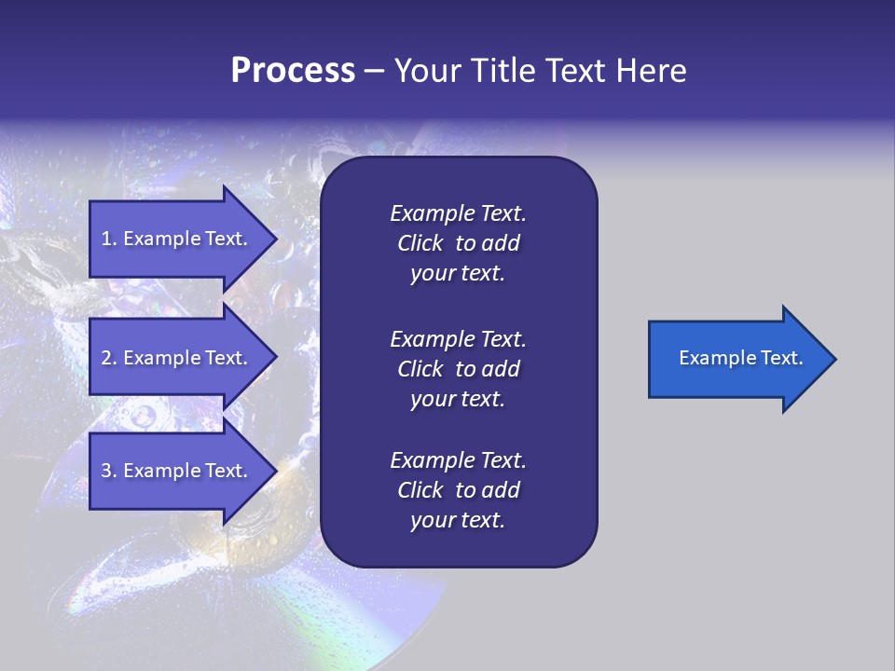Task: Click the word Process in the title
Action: [293, 71]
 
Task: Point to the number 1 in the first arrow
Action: [106, 239]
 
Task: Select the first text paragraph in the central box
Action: [458, 243]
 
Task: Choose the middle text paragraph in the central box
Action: [458, 369]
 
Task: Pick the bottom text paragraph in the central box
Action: [458, 490]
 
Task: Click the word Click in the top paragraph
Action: [420, 243]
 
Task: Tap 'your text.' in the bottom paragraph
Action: [458, 520]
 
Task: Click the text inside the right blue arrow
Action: [740, 358]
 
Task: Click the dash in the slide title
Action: [375, 71]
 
